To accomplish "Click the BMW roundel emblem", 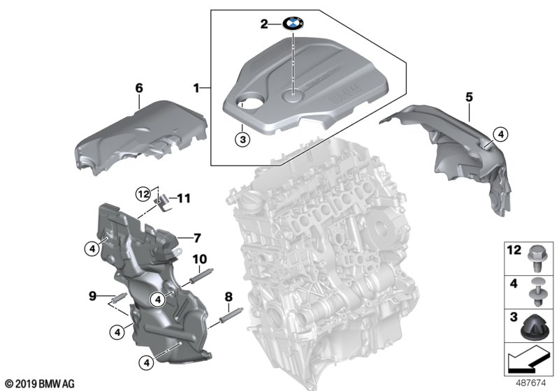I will tap(293, 24).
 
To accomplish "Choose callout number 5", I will tap(470, 96).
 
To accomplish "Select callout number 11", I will tap(183, 198).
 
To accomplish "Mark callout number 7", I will tap(197, 236).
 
